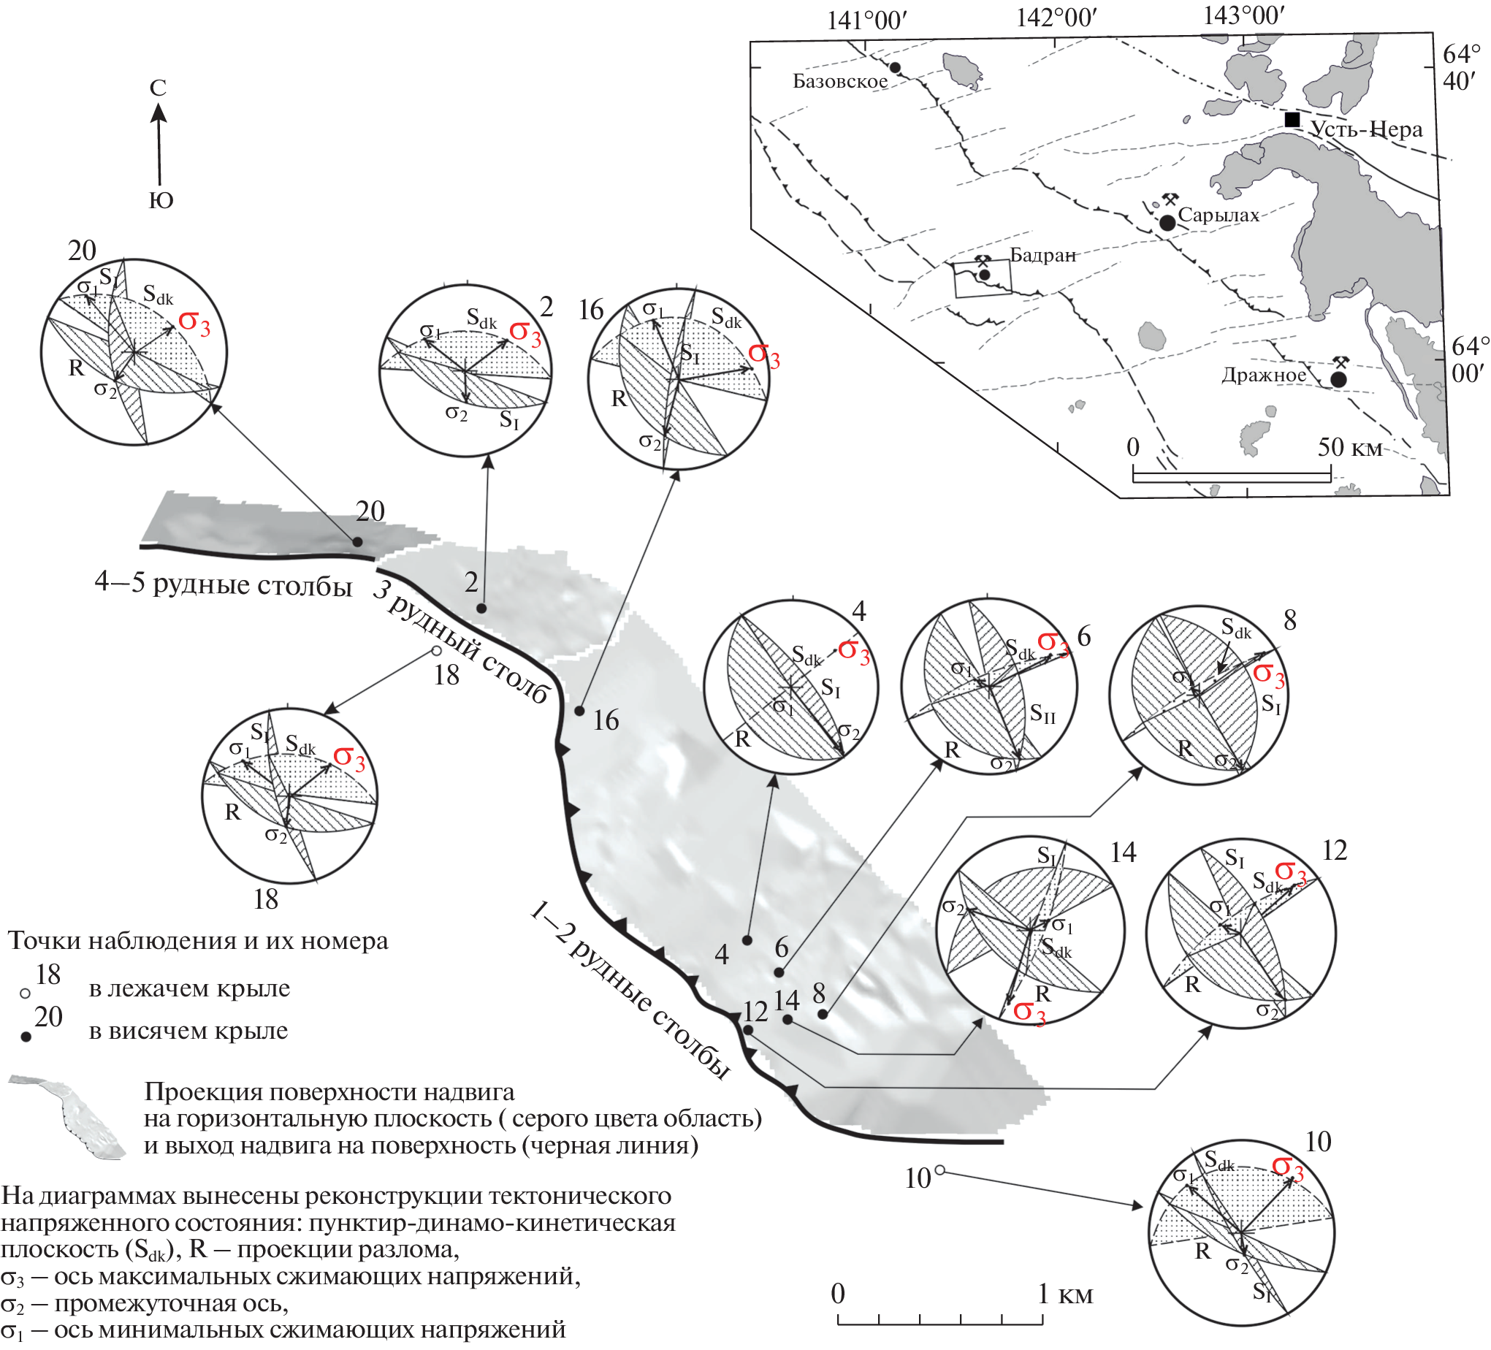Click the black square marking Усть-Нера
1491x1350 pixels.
coord(1292,120)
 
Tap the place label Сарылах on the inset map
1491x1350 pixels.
coord(1218,216)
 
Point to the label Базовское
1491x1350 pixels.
coord(840,81)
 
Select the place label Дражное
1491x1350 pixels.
coord(1263,375)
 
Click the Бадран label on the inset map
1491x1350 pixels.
coord(1042,255)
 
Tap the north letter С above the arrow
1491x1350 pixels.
coord(158,88)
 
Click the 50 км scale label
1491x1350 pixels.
coord(1349,448)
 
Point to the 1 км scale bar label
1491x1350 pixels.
coord(1065,1294)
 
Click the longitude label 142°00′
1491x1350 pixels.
coord(1056,18)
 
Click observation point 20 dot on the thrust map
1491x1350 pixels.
coord(357,542)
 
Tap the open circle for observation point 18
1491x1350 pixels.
coord(436,651)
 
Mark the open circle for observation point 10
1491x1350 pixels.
coord(940,1170)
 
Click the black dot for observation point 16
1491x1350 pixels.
coord(580,711)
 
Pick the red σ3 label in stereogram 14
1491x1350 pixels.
coord(1029,1012)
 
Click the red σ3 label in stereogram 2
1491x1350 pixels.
coord(525,333)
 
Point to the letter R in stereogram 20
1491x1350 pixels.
coord(76,367)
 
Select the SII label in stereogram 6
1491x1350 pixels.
coord(1042,714)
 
